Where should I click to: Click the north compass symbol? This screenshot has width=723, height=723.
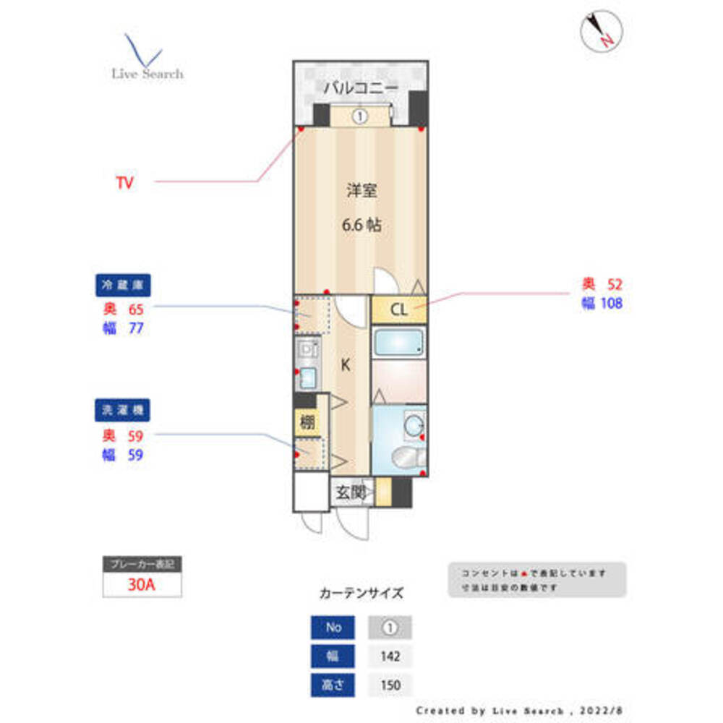pyautogui.click(x=602, y=31)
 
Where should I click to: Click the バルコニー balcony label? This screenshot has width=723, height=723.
pyautogui.click(x=360, y=88)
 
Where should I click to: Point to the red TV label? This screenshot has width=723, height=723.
pyautogui.click(x=125, y=183)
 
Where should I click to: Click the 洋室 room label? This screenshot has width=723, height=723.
pyautogui.click(x=361, y=191)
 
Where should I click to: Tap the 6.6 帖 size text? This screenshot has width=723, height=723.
pyautogui.click(x=361, y=226)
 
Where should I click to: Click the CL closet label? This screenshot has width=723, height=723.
pyautogui.click(x=398, y=310)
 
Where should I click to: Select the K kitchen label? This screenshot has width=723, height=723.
pyautogui.click(x=346, y=365)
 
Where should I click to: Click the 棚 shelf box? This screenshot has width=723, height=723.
pyautogui.click(x=307, y=422)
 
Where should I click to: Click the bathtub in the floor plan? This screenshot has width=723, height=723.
pyautogui.click(x=398, y=342)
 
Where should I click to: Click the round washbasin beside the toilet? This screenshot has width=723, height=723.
pyautogui.click(x=414, y=426)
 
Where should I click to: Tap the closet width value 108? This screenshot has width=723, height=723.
pyautogui.click(x=610, y=304)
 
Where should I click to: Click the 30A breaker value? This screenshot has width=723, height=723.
pyautogui.click(x=142, y=585)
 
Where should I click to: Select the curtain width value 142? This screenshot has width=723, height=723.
pyautogui.click(x=390, y=656)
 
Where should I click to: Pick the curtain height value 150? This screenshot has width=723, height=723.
pyautogui.click(x=390, y=684)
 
